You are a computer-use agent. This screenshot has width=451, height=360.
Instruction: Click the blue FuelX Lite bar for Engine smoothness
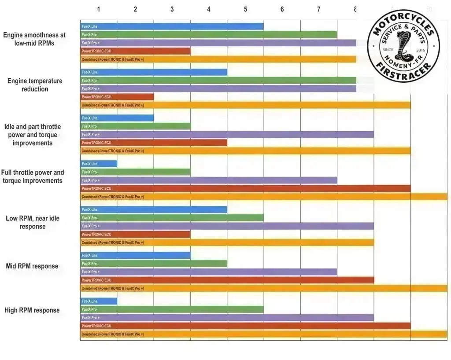[172, 26]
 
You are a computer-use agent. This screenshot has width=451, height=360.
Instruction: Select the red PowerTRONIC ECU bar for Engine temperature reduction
[117, 97]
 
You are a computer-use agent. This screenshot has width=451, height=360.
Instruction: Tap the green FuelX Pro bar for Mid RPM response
[153, 264]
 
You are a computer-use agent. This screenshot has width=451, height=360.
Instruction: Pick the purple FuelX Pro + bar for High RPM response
[227, 318]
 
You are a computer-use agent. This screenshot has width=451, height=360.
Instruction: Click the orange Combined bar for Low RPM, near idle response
[227, 242]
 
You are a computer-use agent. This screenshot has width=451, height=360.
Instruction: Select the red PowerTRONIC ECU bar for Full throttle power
[245, 188]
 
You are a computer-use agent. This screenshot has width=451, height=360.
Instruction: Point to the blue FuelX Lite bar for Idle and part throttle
[117, 118]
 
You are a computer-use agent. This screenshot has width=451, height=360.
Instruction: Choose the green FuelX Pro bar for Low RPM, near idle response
[172, 218]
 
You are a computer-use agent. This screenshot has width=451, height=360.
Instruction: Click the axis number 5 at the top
[245, 9]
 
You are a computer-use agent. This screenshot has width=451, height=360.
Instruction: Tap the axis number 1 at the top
[99, 9]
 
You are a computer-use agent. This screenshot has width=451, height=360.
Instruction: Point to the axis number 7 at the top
[319, 9]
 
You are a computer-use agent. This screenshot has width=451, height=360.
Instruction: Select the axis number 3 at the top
[172, 9]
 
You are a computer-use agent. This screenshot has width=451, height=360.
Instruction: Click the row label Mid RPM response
[32, 266]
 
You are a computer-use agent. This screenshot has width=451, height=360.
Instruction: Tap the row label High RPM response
[32, 310]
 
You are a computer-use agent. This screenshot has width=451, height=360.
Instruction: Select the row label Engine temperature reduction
[35, 85]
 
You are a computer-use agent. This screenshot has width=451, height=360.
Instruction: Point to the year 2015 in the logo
[421, 50]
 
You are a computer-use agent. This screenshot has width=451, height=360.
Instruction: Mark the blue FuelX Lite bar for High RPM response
[99, 301]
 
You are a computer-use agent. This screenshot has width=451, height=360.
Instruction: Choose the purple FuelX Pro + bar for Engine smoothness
[218, 43]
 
